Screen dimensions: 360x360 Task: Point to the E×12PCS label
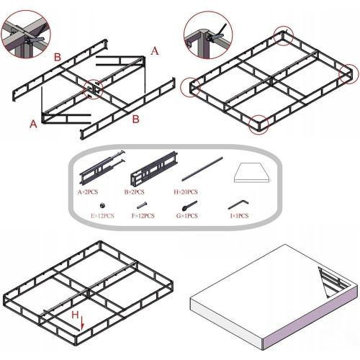pyautogui.click(x=104, y=215)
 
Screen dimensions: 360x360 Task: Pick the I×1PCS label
pyautogui.click(x=239, y=215)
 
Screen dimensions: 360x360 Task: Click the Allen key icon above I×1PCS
pyautogui.click(x=239, y=205)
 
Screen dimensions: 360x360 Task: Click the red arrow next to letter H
pyautogui.click(x=83, y=325)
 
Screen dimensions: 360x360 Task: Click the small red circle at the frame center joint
pyautogui.click(x=94, y=89)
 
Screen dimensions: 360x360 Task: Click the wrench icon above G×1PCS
pyautogui.click(x=193, y=205)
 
